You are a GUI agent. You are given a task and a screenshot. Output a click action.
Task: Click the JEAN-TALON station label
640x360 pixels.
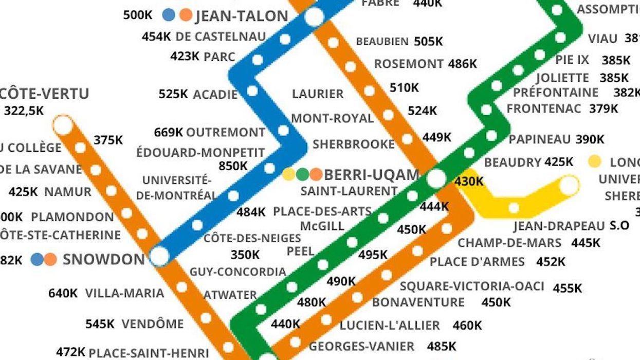(242, 16)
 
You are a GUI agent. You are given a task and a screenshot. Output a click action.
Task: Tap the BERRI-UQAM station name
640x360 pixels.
(372, 174)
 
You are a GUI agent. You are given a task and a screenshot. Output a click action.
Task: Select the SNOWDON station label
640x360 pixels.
(104, 259)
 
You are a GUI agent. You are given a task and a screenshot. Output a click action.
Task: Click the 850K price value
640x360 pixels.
(232, 166)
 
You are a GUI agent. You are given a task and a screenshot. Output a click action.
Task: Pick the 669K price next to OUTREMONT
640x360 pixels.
(169, 133)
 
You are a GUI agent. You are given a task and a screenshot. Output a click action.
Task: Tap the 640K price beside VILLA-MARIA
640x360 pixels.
(63, 294)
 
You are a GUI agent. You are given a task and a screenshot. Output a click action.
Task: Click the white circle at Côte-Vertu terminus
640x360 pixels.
(63, 125)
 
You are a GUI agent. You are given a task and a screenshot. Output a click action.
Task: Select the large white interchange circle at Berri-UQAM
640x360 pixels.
(436, 178)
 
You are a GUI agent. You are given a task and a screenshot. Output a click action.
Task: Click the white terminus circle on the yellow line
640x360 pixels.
(569, 185)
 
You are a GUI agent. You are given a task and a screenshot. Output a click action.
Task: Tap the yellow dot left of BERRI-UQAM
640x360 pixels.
(289, 175)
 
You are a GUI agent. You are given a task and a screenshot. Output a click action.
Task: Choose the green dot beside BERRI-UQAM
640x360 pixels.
(302, 175)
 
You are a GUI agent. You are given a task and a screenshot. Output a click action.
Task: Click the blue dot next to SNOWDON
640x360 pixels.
(36, 259)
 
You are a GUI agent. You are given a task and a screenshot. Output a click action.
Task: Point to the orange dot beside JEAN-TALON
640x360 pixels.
(186, 15)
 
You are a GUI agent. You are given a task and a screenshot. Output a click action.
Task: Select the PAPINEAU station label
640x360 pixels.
(540, 139)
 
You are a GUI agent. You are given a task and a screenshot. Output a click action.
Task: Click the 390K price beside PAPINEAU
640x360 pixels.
(590, 139)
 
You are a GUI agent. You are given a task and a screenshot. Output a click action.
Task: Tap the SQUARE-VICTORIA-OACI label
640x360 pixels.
(472, 286)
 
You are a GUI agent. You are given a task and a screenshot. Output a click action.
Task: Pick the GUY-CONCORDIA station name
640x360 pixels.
(237, 272)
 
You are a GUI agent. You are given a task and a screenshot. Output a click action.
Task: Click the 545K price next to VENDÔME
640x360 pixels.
(100, 325)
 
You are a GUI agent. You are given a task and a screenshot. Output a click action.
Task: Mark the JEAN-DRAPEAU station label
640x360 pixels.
(559, 226)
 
